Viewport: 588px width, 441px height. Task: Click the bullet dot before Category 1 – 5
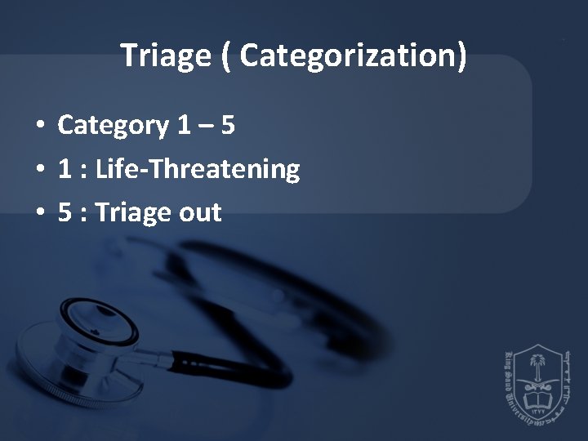click(39, 127)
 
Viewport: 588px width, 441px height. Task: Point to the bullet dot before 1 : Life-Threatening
click(39, 171)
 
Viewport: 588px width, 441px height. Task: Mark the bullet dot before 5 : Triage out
click(39, 214)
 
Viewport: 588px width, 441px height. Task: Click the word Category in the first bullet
click(113, 126)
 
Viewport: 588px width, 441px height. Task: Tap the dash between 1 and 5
click(206, 127)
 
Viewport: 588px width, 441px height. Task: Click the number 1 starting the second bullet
click(65, 169)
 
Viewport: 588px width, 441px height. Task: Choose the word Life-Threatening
click(198, 170)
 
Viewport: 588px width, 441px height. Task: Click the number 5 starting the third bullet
click(65, 212)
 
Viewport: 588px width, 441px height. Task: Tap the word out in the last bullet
click(199, 213)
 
